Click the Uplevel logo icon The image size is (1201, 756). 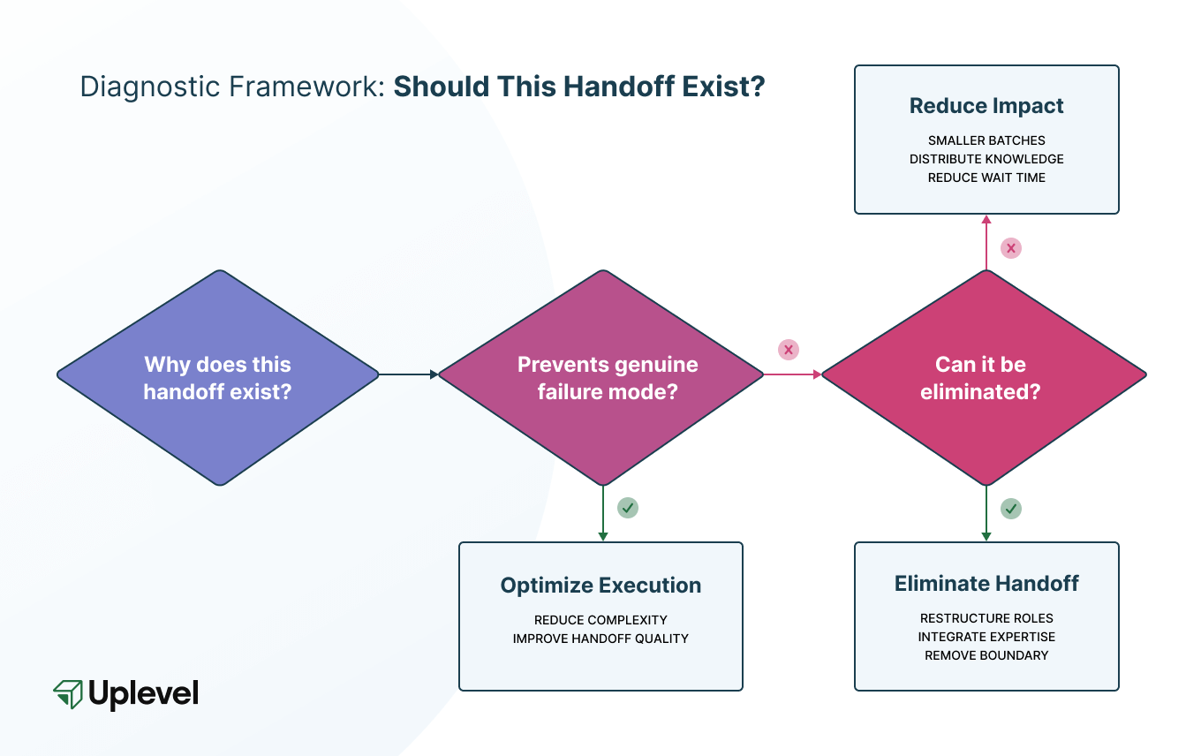(x=68, y=693)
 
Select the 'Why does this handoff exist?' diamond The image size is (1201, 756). (x=217, y=377)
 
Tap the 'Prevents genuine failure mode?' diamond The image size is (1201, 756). (x=600, y=377)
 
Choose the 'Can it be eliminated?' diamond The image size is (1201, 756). (x=985, y=377)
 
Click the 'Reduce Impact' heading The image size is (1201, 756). (x=986, y=106)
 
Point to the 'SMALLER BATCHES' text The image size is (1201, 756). (x=986, y=140)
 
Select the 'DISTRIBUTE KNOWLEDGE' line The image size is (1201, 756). (x=986, y=159)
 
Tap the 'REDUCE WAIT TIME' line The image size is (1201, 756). (x=986, y=178)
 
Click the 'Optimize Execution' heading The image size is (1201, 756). (x=600, y=585)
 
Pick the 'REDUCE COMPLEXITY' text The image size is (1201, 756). (x=600, y=620)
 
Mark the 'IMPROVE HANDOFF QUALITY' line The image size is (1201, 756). (x=600, y=639)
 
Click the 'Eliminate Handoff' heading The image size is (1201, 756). (x=986, y=583)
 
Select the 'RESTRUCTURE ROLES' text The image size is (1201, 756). (x=986, y=618)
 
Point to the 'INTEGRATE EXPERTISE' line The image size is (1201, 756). (x=986, y=637)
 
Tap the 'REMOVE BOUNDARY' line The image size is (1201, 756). (x=986, y=655)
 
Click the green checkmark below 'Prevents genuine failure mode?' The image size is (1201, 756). (x=628, y=508)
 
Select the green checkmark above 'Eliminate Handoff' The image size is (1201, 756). (x=1011, y=509)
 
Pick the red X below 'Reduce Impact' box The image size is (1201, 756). (x=1011, y=248)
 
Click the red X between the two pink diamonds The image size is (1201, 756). (x=788, y=350)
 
